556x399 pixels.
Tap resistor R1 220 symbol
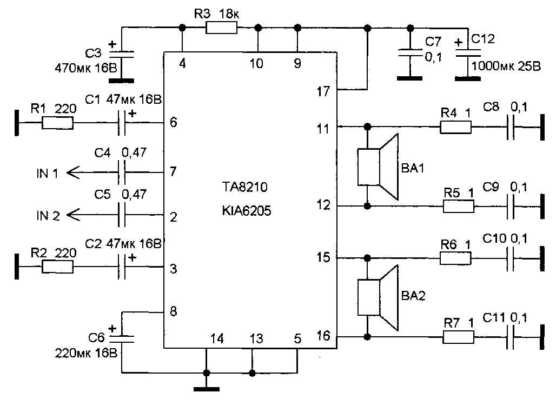tap(58, 124)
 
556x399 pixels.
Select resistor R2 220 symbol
tap(58, 267)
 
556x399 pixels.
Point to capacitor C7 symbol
tap(410, 52)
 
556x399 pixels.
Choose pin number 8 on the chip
tap(174, 312)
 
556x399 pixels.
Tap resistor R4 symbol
tap(455, 128)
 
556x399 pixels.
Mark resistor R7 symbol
tap(459, 337)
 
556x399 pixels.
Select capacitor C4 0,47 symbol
tap(122, 173)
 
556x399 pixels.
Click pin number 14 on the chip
tap(216, 339)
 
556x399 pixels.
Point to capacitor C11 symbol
tap(510, 337)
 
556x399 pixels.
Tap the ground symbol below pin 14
tap(207, 388)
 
